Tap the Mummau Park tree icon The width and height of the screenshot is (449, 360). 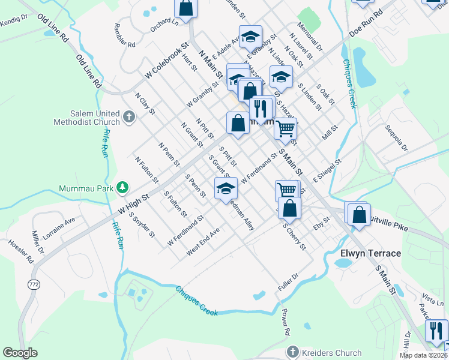(x=122, y=187)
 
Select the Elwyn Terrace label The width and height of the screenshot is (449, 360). (x=370, y=253)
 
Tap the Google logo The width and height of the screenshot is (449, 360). (x=20, y=353)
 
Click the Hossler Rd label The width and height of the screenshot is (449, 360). (x=21, y=253)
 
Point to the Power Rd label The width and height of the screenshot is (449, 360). (x=287, y=322)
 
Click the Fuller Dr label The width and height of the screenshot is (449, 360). (x=288, y=283)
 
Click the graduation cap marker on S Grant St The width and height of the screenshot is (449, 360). (x=226, y=188)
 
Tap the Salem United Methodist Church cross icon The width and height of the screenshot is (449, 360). (x=128, y=115)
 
